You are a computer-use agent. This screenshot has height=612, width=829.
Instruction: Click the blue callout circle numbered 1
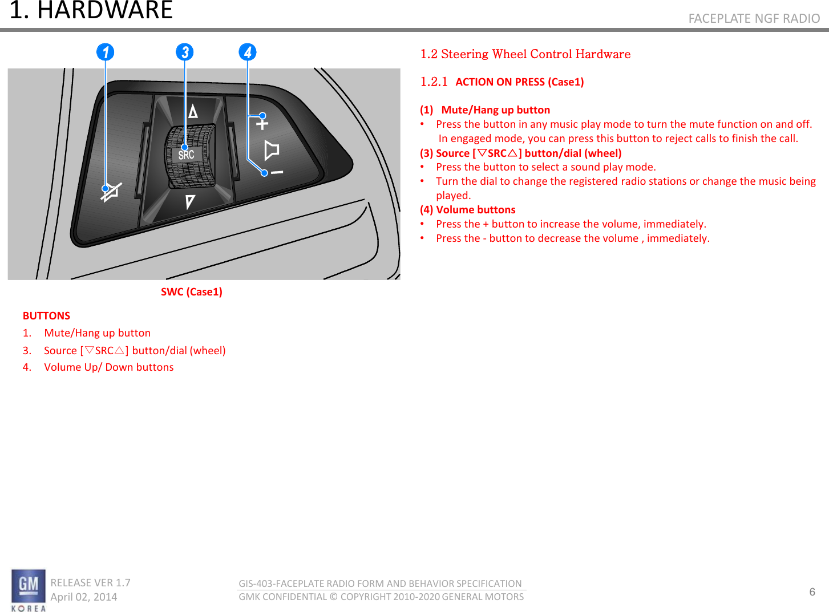click(105, 52)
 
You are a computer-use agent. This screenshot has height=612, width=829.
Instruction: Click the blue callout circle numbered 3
click(184, 52)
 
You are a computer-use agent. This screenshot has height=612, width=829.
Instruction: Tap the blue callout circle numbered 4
click(247, 52)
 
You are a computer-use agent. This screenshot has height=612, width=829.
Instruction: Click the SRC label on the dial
click(186, 155)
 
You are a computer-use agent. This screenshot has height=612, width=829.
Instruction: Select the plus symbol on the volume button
click(262, 123)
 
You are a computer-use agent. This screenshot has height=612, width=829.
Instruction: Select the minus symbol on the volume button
click(277, 172)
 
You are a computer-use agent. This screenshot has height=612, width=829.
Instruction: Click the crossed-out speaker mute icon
click(111, 192)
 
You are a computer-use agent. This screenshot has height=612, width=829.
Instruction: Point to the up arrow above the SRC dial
click(193, 111)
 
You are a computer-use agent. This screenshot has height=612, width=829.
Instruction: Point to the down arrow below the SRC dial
click(190, 201)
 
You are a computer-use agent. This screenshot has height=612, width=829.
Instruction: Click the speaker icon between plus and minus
click(272, 150)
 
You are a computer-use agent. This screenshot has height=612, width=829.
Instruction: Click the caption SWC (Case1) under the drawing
click(192, 292)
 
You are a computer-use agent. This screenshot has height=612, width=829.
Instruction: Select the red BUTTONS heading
click(46, 316)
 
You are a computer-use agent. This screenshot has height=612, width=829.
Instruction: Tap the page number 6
click(812, 592)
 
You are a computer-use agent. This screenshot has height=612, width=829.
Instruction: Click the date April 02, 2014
click(84, 597)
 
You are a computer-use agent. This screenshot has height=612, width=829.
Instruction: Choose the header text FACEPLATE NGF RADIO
click(754, 19)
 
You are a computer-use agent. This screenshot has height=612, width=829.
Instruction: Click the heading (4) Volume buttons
click(468, 210)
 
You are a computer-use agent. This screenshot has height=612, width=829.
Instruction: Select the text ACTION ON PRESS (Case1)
click(519, 82)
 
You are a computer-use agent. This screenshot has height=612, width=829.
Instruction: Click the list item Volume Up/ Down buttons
click(108, 367)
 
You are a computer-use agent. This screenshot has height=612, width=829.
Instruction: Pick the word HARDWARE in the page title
click(105, 10)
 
